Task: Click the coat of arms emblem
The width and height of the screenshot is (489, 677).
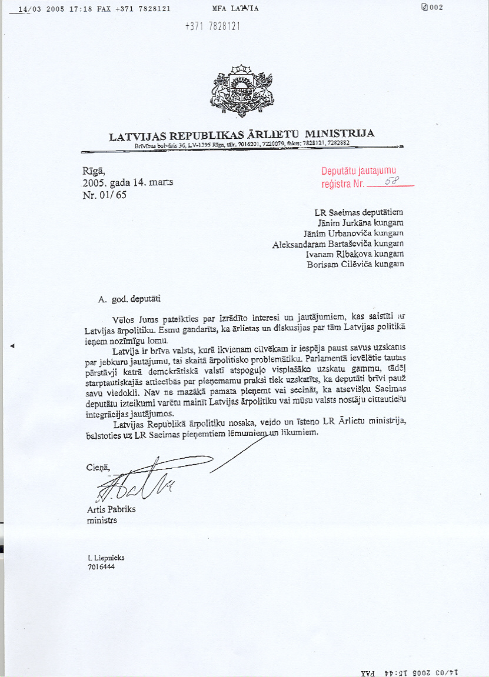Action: coord(241,92)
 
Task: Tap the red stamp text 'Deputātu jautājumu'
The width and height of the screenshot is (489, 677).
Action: coord(358,172)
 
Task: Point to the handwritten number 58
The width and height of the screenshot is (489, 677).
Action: coord(391,182)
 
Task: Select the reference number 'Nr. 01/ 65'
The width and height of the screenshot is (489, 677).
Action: coord(105,195)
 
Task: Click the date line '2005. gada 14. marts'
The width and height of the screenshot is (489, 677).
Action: coord(128,182)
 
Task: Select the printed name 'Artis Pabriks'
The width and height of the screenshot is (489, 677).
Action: coord(111,509)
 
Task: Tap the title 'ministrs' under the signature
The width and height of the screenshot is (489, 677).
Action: coord(102,521)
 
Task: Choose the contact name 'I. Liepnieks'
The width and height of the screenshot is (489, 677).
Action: coord(106,558)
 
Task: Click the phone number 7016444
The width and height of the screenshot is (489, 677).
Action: coord(101,568)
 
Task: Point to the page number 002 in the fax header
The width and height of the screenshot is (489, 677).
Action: coord(435,7)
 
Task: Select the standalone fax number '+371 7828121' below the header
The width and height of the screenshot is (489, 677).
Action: coord(212,26)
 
